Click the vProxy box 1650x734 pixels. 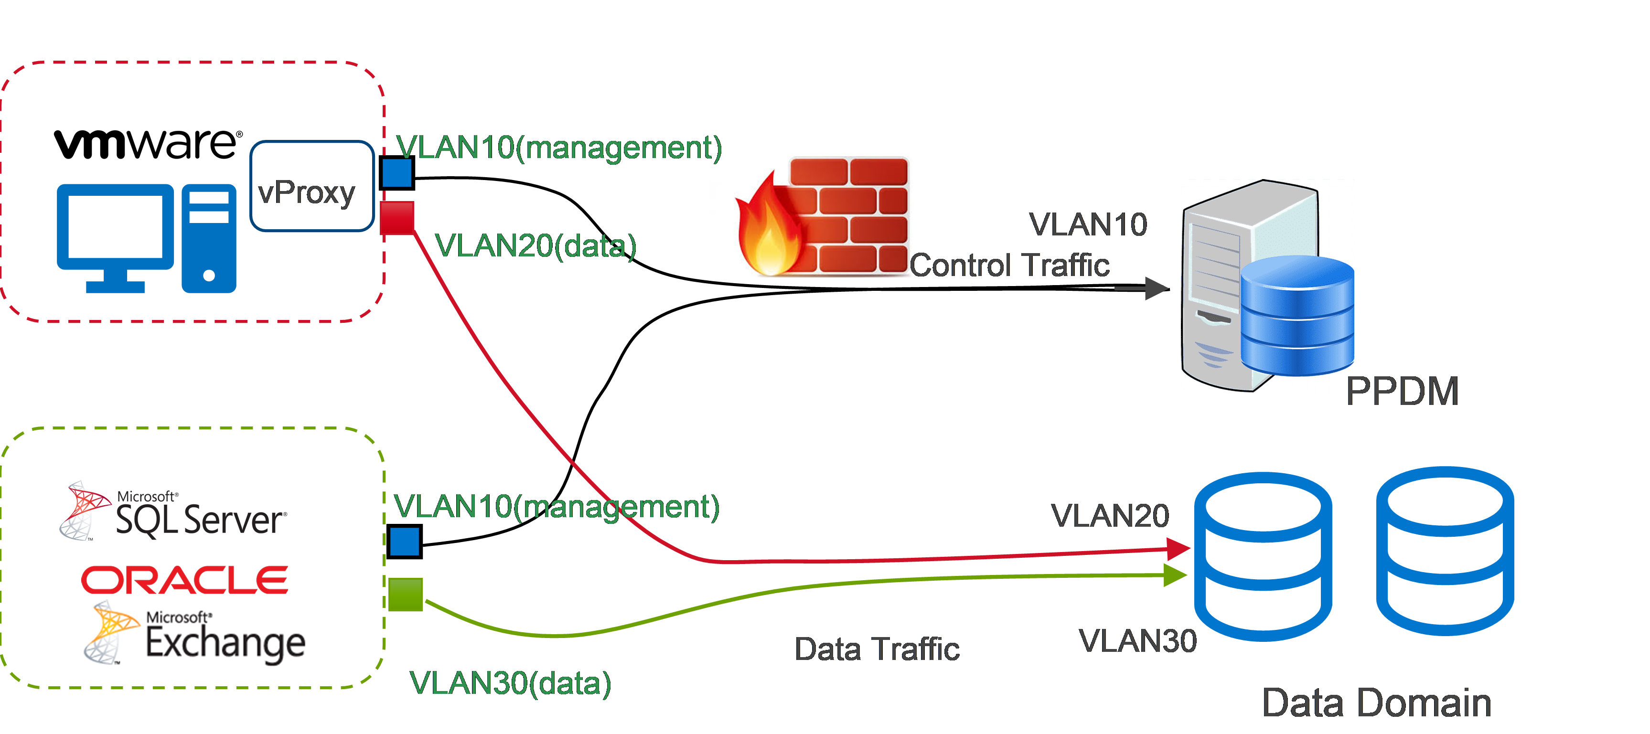311,186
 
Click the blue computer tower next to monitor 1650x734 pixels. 209,238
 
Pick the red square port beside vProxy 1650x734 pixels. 397,218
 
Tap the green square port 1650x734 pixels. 406,595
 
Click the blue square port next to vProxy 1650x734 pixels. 397,173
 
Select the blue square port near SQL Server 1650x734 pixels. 404,541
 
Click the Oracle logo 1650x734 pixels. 184,580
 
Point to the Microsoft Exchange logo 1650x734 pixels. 194,633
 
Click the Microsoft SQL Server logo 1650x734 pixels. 173,512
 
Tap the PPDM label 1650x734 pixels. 1402,391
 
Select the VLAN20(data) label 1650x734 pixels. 536,246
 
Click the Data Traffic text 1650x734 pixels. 877,649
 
